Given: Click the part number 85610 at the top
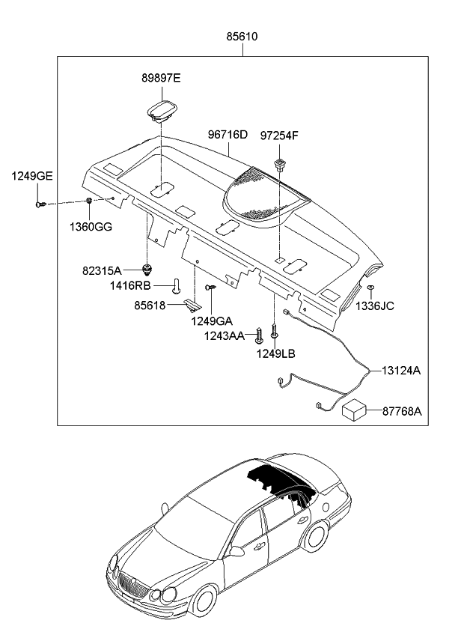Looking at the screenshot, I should [x=244, y=36].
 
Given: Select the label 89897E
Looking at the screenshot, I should [x=162, y=78].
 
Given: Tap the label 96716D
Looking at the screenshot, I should [x=228, y=135].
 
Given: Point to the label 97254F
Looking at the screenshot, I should [x=279, y=135].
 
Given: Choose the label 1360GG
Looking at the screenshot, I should [x=91, y=226].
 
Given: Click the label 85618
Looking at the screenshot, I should [x=150, y=306].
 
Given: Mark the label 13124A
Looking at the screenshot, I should [x=401, y=370].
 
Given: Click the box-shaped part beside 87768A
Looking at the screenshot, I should [x=358, y=411].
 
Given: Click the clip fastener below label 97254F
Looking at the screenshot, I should [x=281, y=165].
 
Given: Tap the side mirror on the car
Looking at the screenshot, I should [x=237, y=552].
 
